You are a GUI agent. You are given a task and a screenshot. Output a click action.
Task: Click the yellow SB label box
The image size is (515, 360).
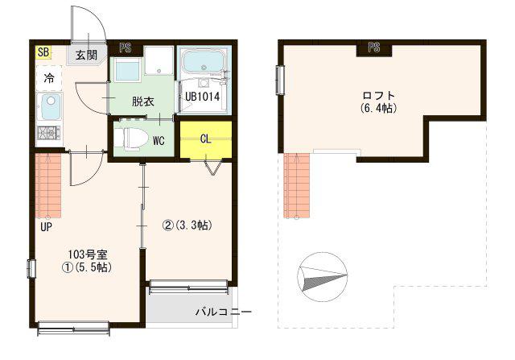click(43, 52)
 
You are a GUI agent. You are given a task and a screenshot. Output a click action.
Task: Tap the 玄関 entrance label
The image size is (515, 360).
click(86, 55)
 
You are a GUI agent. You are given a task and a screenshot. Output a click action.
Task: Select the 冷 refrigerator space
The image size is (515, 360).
click(49, 78)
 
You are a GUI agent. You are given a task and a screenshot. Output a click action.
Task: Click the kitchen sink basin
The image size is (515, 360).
click(49, 107)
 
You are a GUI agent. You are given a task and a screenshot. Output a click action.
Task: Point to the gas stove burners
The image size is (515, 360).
click(48, 133)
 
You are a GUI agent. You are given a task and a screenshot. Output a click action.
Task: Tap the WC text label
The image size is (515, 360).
click(159, 141)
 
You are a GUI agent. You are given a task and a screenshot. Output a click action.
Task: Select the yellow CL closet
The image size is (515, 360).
click(206, 140)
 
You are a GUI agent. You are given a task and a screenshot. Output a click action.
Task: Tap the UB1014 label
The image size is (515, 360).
click(202, 97)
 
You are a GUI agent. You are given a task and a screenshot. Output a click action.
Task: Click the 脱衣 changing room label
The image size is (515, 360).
click(143, 101)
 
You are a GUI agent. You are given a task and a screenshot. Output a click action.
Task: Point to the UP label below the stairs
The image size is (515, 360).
click(47, 227)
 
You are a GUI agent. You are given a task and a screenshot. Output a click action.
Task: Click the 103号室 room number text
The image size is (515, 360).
click(88, 254)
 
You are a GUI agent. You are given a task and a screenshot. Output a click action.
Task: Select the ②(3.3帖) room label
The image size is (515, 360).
click(187, 226)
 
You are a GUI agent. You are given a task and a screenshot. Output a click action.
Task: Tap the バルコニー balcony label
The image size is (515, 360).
click(224, 312)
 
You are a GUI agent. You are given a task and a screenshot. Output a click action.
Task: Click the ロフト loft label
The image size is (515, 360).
click(378, 95)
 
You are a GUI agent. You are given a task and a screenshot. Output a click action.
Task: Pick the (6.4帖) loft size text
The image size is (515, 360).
click(378, 107)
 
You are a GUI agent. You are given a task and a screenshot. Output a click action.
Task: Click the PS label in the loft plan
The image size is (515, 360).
click(374, 48)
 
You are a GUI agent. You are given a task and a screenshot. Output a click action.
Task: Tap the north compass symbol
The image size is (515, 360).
click(322, 277)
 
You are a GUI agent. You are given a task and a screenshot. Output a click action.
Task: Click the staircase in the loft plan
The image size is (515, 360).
click(297, 186)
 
